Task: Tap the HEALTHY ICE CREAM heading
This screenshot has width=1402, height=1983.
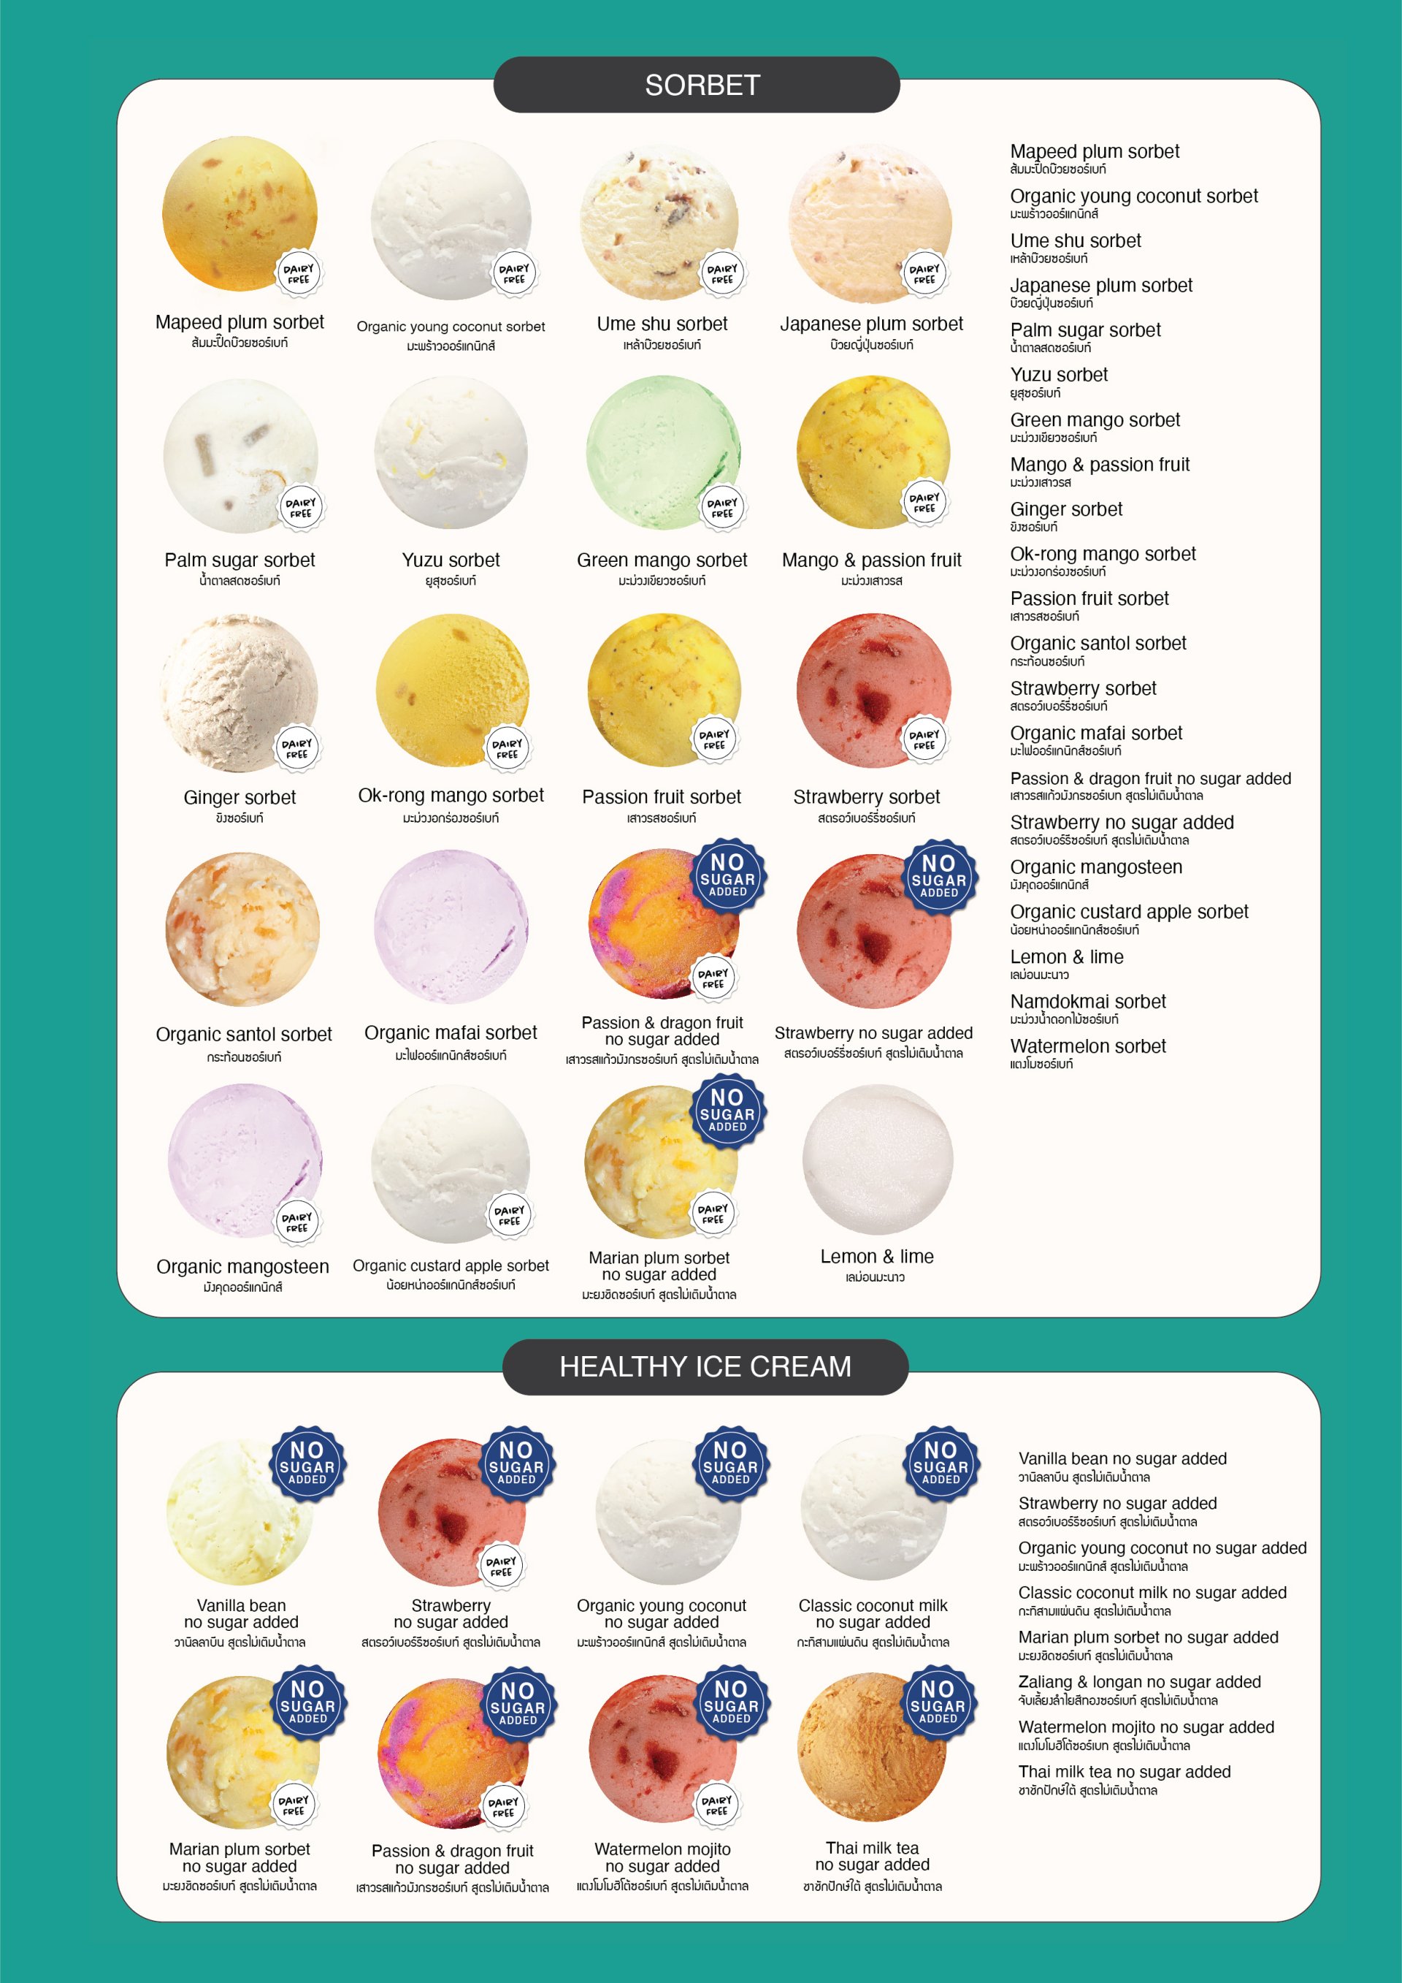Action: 705,1366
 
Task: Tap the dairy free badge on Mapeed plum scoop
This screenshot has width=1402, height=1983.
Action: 299,274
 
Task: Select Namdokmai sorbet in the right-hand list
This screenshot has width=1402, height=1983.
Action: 1088,1002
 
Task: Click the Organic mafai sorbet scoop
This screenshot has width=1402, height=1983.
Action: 451,926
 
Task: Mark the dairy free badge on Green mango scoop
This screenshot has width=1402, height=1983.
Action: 721,508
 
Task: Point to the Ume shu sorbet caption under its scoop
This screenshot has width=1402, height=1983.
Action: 662,324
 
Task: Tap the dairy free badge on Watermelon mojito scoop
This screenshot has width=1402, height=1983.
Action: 716,1805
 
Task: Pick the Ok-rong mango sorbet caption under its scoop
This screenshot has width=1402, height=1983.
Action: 451,796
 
